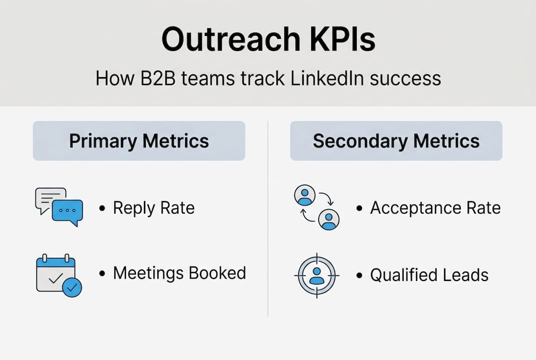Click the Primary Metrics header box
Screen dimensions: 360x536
point(139,140)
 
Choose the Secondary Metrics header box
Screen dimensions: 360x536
point(396,140)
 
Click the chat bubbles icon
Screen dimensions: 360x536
point(59,207)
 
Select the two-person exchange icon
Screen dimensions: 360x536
point(317,207)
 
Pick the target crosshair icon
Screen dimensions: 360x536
point(317,275)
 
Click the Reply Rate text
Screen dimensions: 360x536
point(153,208)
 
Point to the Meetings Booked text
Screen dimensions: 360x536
point(179,273)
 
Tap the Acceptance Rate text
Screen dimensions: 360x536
point(435,208)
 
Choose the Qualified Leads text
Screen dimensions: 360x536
point(429,275)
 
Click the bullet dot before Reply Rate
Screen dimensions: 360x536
point(102,208)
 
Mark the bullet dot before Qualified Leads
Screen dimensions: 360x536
point(359,275)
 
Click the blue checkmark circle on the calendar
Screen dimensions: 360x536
point(73,287)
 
